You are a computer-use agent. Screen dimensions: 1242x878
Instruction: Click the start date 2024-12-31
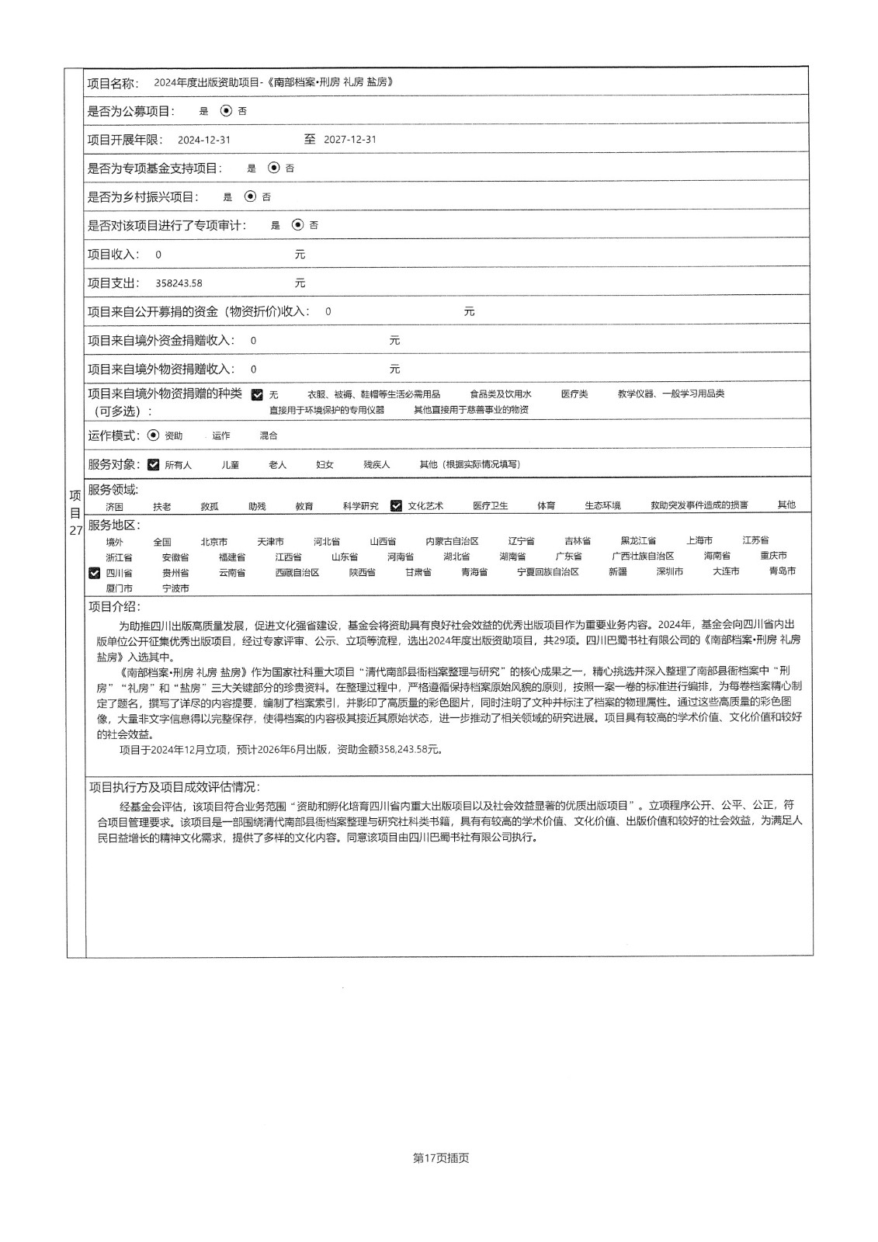point(203,141)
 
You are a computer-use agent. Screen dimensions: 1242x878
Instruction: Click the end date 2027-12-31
point(349,140)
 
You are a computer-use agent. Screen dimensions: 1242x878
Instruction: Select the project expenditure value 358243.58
point(179,283)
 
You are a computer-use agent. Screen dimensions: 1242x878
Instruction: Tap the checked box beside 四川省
point(95,573)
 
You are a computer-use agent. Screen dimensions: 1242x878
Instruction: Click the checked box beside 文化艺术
point(396,505)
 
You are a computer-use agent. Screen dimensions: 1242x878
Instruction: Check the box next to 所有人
point(153,465)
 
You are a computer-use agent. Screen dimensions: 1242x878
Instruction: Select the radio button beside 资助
point(153,435)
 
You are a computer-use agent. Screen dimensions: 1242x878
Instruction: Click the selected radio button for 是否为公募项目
point(226,111)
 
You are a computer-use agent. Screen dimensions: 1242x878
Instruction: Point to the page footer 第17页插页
point(441,1158)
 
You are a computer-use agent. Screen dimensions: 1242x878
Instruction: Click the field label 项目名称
point(113,83)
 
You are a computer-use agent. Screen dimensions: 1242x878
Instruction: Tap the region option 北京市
point(213,541)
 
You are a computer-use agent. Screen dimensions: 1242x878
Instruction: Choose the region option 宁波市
point(175,588)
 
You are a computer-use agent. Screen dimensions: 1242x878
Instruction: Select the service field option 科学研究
point(360,506)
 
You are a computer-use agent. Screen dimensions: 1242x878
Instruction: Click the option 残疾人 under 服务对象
point(377,465)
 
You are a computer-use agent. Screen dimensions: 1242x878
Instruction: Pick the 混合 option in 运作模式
point(269,436)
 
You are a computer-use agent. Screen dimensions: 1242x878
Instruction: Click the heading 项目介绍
point(114,607)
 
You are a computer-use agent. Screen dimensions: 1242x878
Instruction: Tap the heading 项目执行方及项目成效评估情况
point(174,788)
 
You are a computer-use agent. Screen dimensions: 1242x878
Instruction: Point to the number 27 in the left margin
point(75,531)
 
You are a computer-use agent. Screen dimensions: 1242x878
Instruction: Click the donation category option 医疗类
point(574,394)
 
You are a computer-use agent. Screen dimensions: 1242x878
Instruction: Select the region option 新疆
point(617,572)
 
